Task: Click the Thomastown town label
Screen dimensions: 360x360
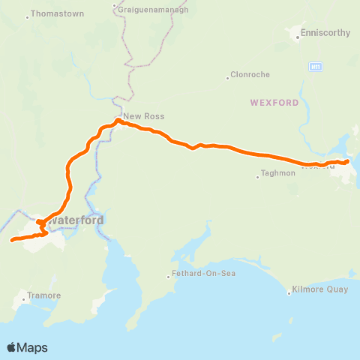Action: pos(56,14)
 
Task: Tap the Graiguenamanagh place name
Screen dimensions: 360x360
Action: pos(154,8)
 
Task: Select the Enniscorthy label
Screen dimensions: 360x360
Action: pos(322,33)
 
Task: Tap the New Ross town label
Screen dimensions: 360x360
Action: pos(143,116)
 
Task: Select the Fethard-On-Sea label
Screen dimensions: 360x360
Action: pos(204,273)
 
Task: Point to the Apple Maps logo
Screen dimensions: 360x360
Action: pos(28,347)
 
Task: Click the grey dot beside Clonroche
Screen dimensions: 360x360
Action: pos(227,78)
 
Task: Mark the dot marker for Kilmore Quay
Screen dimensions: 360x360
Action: pos(289,292)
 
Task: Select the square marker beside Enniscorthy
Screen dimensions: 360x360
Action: pos(295,33)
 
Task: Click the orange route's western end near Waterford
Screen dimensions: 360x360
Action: pos(12,241)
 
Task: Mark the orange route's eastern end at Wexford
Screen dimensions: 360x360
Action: pos(347,161)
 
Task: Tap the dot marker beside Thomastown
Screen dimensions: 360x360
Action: pos(28,17)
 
